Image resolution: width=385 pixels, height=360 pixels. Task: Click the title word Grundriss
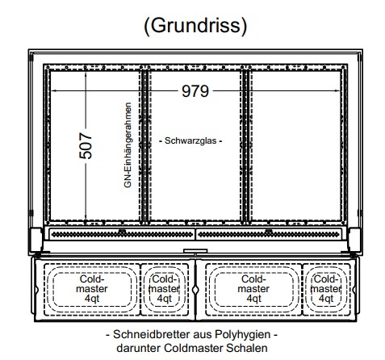195,26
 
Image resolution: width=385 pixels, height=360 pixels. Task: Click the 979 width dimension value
195,91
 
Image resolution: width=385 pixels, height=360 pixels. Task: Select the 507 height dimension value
86,145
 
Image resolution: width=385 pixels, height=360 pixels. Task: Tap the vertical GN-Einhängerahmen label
128,144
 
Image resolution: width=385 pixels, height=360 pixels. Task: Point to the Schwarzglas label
190,140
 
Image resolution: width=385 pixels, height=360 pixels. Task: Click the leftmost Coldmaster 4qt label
92,289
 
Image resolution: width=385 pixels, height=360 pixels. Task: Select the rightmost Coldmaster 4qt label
326,289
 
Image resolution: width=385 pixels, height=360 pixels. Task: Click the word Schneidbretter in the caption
151,334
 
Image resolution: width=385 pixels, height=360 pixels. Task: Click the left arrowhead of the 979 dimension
53,91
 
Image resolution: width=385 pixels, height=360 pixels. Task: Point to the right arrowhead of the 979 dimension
338,91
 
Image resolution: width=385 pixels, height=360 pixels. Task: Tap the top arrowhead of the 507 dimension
86,74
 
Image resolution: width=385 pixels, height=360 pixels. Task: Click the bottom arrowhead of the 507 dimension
86,217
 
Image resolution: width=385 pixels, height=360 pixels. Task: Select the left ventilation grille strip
122,234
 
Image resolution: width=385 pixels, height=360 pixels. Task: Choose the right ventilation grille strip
269,234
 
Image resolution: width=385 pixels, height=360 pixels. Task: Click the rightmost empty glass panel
296,145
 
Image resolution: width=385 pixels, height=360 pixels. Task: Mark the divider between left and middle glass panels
145,145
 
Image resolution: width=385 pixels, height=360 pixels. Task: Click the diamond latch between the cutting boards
195,290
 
